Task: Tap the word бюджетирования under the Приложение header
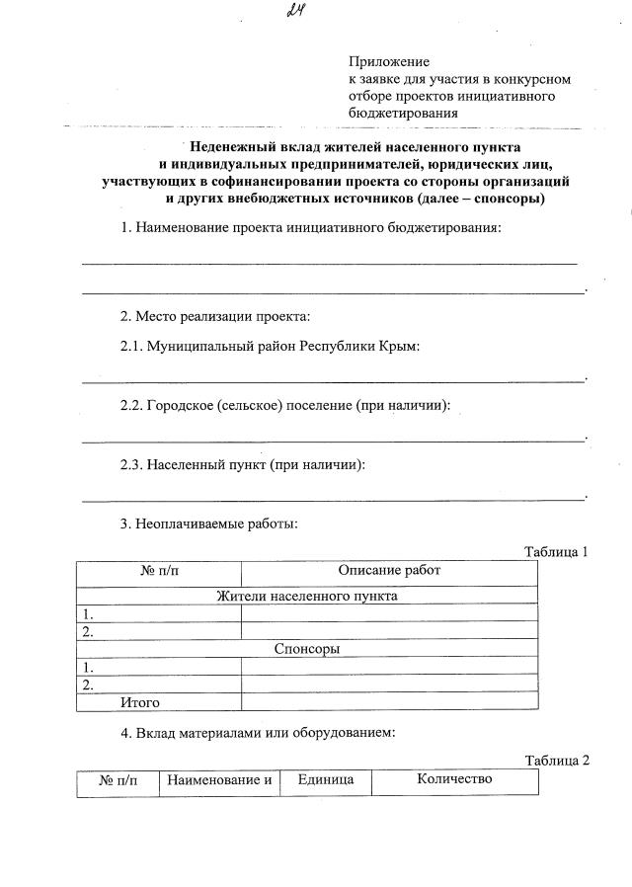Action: coord(403,113)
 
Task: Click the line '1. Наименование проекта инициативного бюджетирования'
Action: coord(310,229)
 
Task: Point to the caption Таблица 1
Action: coord(555,551)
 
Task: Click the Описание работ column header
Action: coord(389,571)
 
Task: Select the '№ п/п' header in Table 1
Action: coord(158,571)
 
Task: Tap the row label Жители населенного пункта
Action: coord(307,597)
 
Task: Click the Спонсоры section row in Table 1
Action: coord(307,649)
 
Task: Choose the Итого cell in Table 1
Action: coord(140,702)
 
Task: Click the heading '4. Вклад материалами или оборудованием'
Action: coord(258,733)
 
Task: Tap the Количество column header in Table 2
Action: coord(453,779)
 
